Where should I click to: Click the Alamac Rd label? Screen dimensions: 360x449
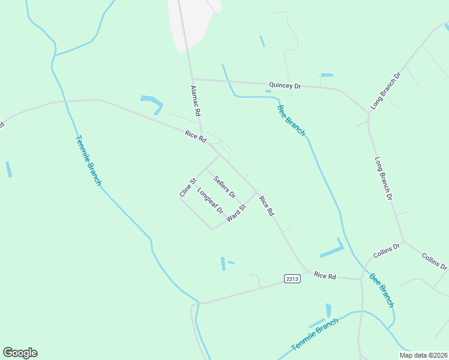pos(195,100)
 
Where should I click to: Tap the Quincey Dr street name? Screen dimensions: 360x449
pos(285,86)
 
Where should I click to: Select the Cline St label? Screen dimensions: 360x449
pos(188,188)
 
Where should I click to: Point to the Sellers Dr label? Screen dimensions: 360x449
pos(224,187)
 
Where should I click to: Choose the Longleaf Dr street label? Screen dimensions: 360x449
pos(210,202)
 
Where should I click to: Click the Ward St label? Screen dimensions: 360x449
pos(237,214)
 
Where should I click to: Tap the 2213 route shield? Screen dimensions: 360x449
pos(292,278)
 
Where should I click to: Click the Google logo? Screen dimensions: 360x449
pos(20,353)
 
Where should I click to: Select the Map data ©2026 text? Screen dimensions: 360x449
pos(424,355)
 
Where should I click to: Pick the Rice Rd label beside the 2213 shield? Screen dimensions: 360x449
pos(325,275)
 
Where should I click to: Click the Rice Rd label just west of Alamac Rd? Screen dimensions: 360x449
pos(196,137)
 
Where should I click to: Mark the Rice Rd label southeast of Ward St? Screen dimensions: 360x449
pos(266,205)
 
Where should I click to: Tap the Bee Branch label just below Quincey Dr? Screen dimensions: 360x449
pos(291,120)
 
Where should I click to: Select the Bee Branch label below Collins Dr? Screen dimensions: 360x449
pos(381,290)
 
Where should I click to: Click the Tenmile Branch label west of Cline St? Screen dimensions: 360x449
pos(88,160)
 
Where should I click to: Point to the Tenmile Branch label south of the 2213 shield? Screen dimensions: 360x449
pos(315,335)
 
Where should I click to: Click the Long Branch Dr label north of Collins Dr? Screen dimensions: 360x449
pos(383,179)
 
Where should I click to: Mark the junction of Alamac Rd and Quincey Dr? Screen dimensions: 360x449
pos(193,79)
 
